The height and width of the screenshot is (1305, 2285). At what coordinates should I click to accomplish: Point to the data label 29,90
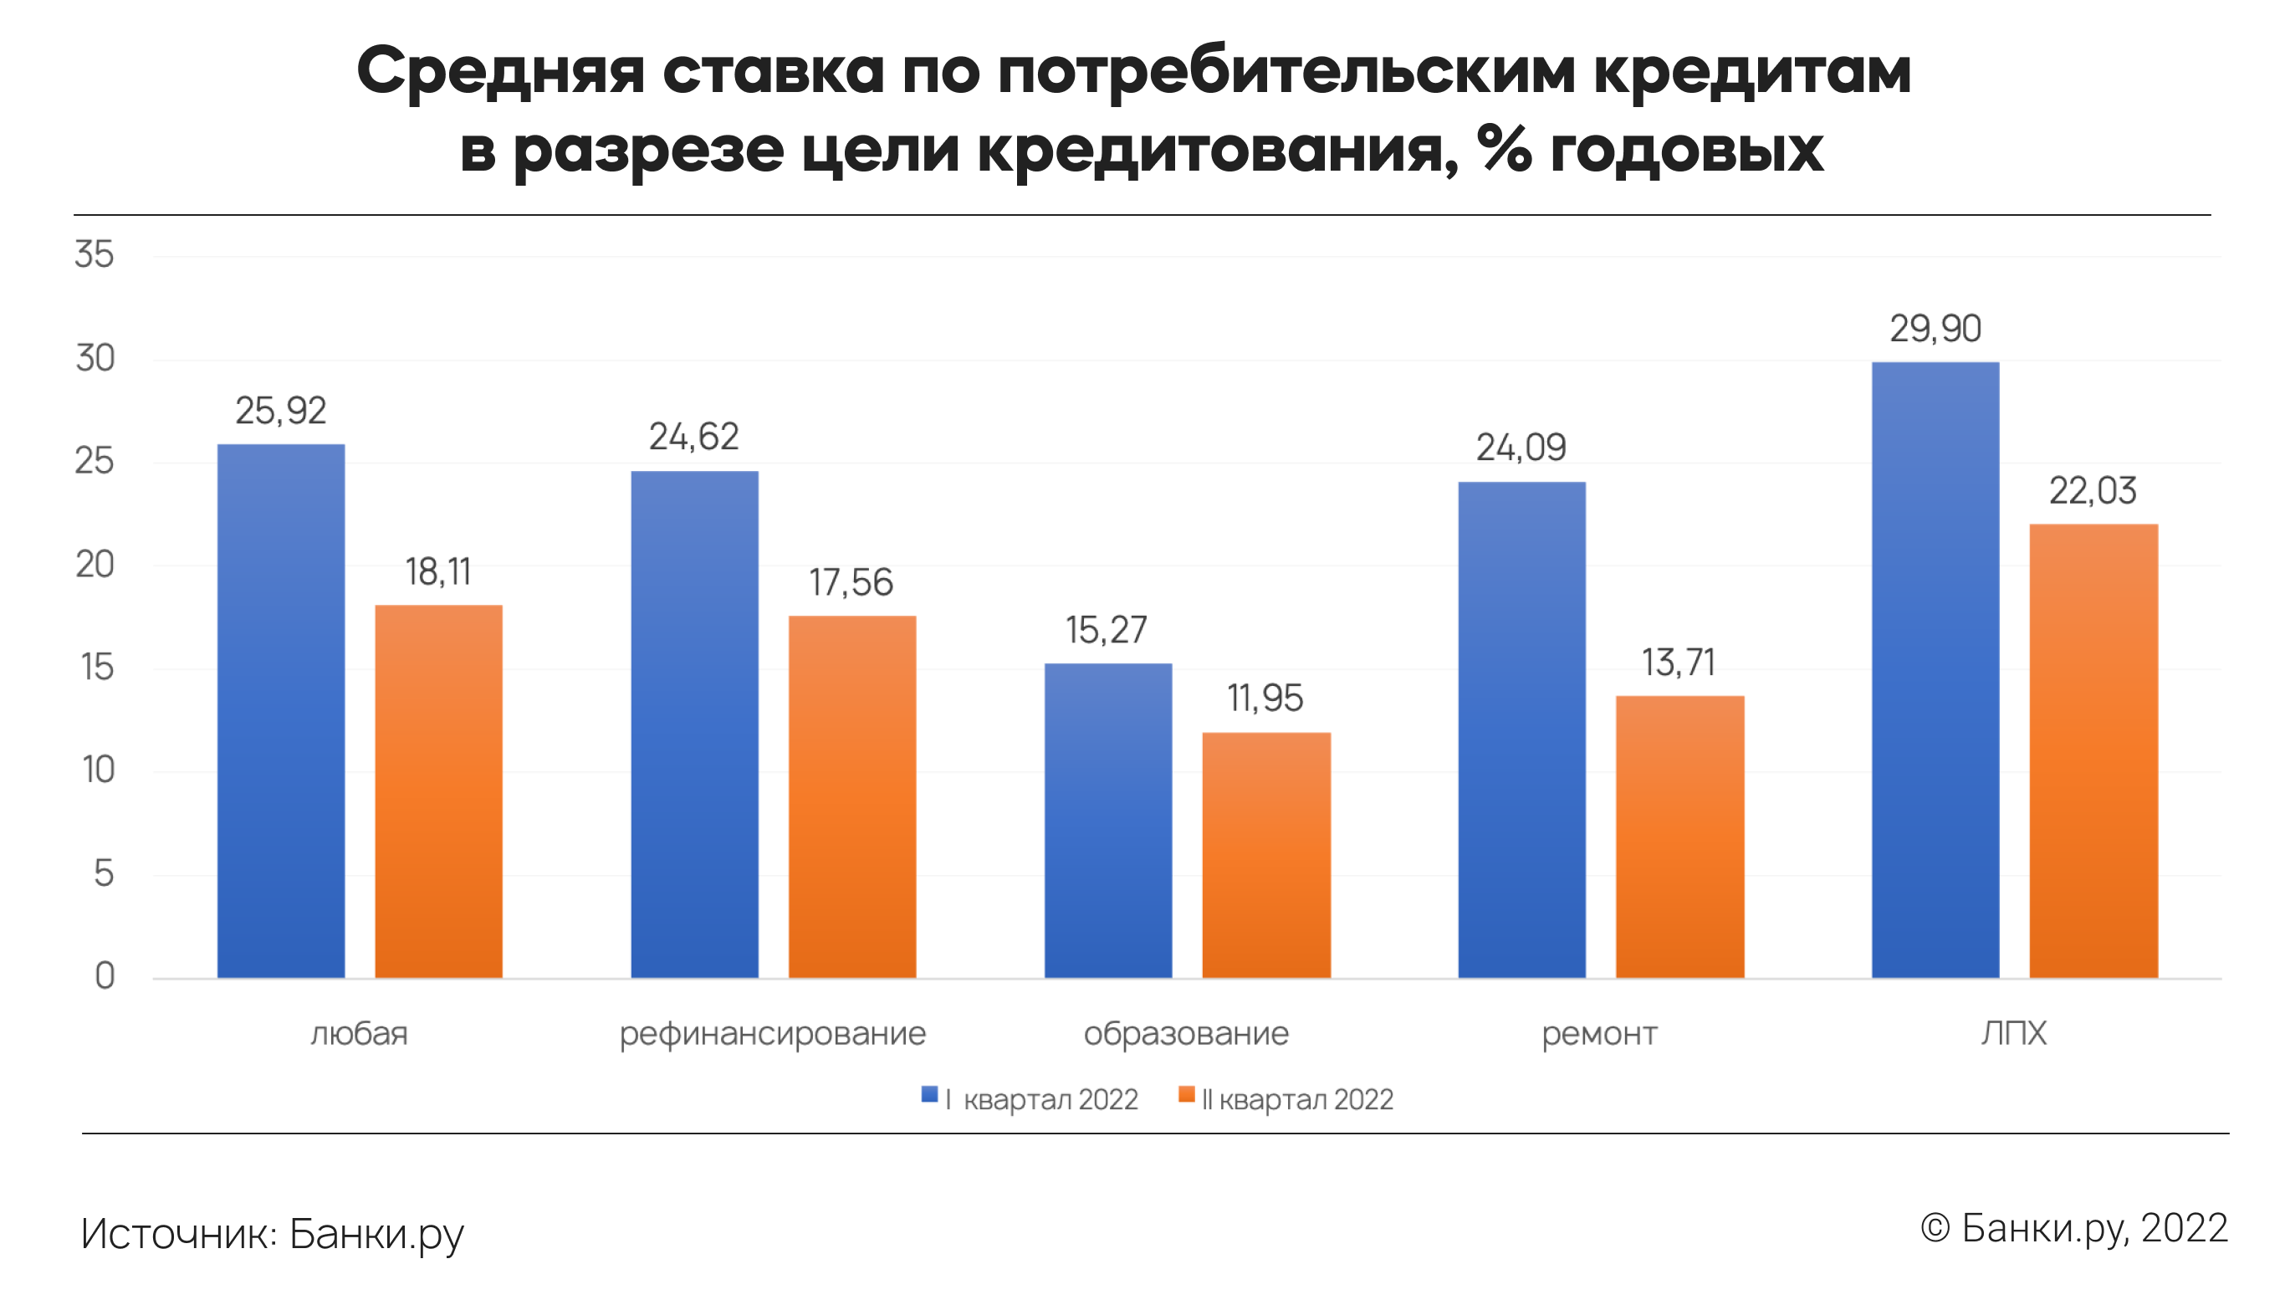1935,329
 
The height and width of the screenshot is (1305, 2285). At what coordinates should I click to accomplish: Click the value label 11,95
1265,699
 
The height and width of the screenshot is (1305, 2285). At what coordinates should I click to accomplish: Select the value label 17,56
851,582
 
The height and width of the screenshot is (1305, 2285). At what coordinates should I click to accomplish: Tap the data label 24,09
1520,448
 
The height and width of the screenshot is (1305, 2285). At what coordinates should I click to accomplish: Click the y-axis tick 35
94,254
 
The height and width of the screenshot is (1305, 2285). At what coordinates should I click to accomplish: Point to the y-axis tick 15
97,667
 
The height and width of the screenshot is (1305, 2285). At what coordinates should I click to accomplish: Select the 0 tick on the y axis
105,975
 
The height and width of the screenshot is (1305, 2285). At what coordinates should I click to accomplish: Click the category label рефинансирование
771,1033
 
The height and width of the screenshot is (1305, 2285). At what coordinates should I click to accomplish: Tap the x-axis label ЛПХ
2012,1033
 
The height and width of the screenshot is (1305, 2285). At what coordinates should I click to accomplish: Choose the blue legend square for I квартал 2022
929,1094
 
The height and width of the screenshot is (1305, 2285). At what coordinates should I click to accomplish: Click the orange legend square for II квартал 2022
1185,1094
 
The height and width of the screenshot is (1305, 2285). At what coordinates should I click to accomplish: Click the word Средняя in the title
500,72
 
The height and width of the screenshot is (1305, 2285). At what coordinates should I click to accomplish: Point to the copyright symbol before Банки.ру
1935,1228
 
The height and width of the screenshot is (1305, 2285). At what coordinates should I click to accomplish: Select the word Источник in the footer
179,1233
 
